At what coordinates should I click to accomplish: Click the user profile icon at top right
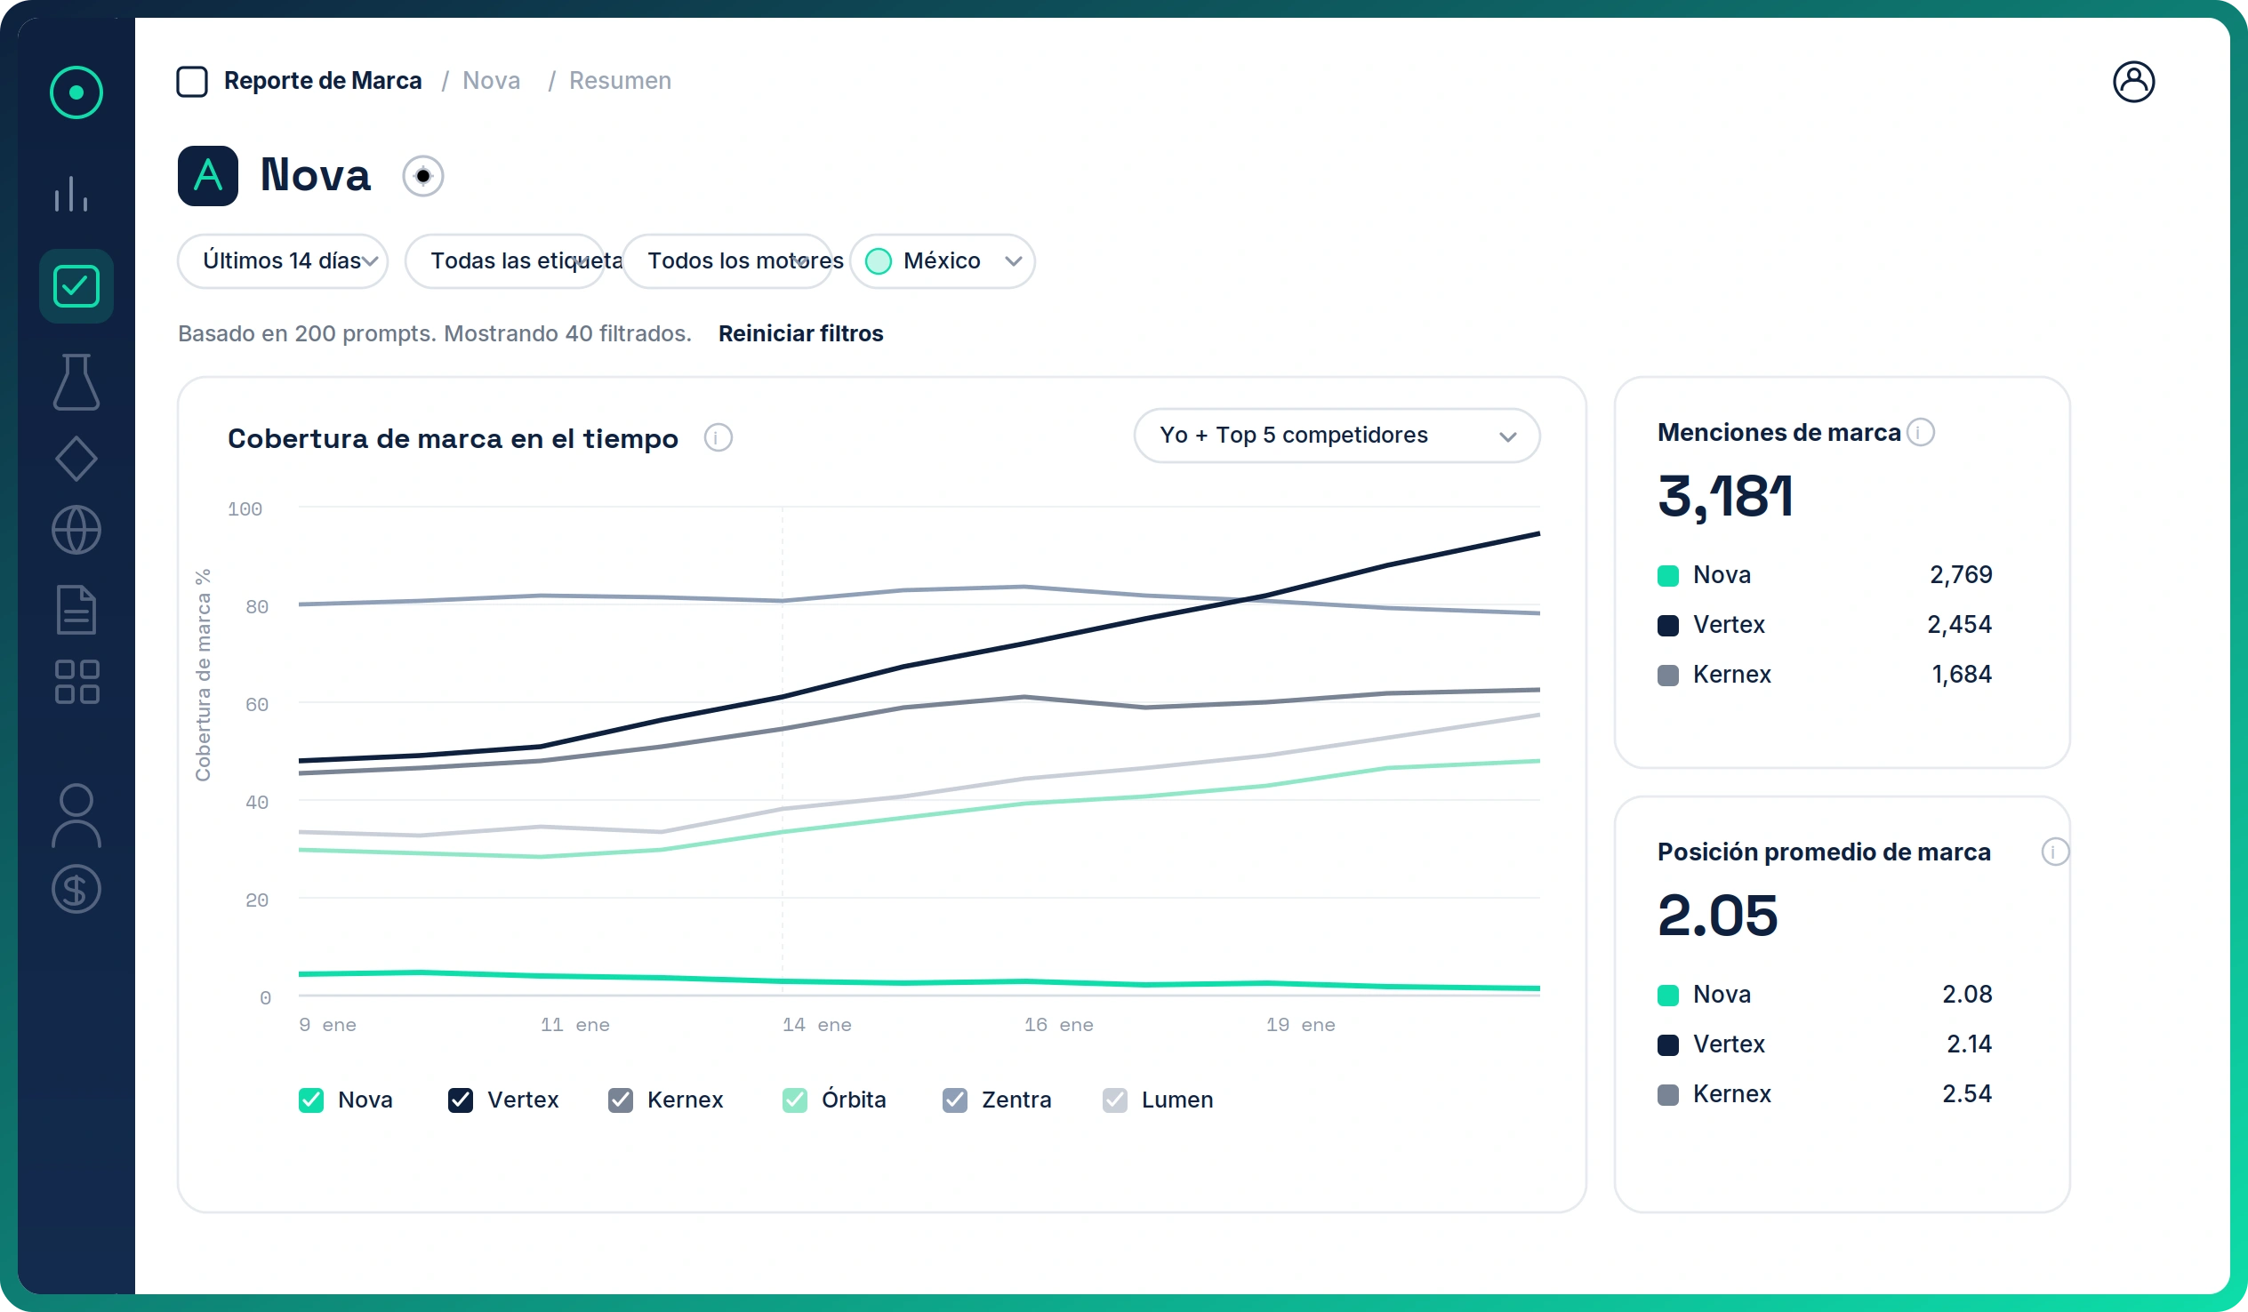(2133, 82)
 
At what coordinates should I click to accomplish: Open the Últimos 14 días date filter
(282, 261)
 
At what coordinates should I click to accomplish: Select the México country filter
(942, 261)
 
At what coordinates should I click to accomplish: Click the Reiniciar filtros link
(800, 333)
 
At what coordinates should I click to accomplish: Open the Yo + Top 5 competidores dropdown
(1337, 436)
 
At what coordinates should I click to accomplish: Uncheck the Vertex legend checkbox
(461, 1100)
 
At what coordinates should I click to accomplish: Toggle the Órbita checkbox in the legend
(794, 1100)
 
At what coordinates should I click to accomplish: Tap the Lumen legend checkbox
(1114, 1100)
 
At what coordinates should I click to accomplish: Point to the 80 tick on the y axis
(257, 607)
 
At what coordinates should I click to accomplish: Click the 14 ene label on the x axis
(816, 1025)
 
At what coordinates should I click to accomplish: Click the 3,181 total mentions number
(1724, 496)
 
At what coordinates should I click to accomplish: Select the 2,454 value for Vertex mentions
(1959, 624)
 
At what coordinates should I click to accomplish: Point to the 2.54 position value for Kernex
(1967, 1093)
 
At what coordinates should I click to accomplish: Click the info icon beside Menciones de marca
(1921, 433)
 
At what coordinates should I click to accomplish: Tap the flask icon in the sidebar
(76, 381)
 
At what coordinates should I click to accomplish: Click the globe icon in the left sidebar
(76, 530)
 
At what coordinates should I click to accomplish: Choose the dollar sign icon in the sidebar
(76, 889)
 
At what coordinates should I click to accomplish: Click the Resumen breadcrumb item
(620, 81)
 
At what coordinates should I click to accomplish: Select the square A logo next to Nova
(208, 176)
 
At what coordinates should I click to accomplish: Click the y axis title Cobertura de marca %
(204, 676)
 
